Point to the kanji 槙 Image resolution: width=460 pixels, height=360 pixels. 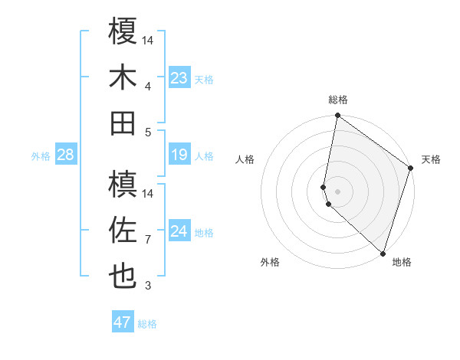coord(123,183)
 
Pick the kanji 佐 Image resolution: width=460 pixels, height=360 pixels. coord(123,230)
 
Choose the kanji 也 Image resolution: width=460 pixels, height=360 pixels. coord(123,276)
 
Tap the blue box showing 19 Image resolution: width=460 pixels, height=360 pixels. coord(179,155)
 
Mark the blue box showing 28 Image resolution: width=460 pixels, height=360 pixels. coord(66,155)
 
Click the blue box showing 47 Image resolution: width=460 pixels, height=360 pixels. coord(123,322)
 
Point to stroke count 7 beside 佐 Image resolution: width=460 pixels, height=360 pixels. coord(148,240)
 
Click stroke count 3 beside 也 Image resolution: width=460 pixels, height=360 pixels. coord(148,286)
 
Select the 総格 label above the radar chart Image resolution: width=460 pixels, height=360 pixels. coord(338,100)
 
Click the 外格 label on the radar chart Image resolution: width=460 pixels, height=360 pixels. coord(270,262)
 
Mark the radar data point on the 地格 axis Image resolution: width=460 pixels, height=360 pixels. coord(382,253)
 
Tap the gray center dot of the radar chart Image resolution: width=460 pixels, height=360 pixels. coord(338,191)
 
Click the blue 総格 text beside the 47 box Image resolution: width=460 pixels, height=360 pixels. coord(147,324)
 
